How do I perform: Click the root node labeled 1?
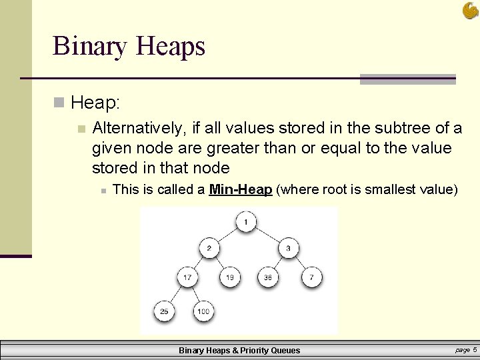pyautogui.click(x=246, y=222)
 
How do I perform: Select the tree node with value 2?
pyautogui.click(x=209, y=249)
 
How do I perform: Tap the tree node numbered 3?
pyautogui.click(x=288, y=249)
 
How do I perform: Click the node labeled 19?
pyautogui.click(x=229, y=276)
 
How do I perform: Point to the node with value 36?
pyautogui.click(x=268, y=276)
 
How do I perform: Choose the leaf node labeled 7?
pyautogui.click(x=311, y=276)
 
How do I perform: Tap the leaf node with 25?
pyautogui.click(x=164, y=311)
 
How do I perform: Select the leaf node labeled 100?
pyautogui.click(x=203, y=311)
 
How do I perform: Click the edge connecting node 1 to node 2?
pyautogui.click(x=227, y=235)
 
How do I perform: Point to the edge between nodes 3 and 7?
pyautogui.click(x=300, y=263)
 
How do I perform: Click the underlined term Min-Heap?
pyautogui.click(x=240, y=190)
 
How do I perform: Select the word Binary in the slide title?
pyautogui.click(x=90, y=47)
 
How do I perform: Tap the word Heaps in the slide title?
pyautogui.click(x=170, y=47)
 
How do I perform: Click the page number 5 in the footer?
pyautogui.click(x=475, y=349)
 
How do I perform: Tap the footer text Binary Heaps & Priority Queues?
pyautogui.click(x=239, y=350)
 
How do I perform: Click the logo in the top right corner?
pyautogui.click(x=470, y=11)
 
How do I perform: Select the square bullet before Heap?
pyautogui.click(x=60, y=103)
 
